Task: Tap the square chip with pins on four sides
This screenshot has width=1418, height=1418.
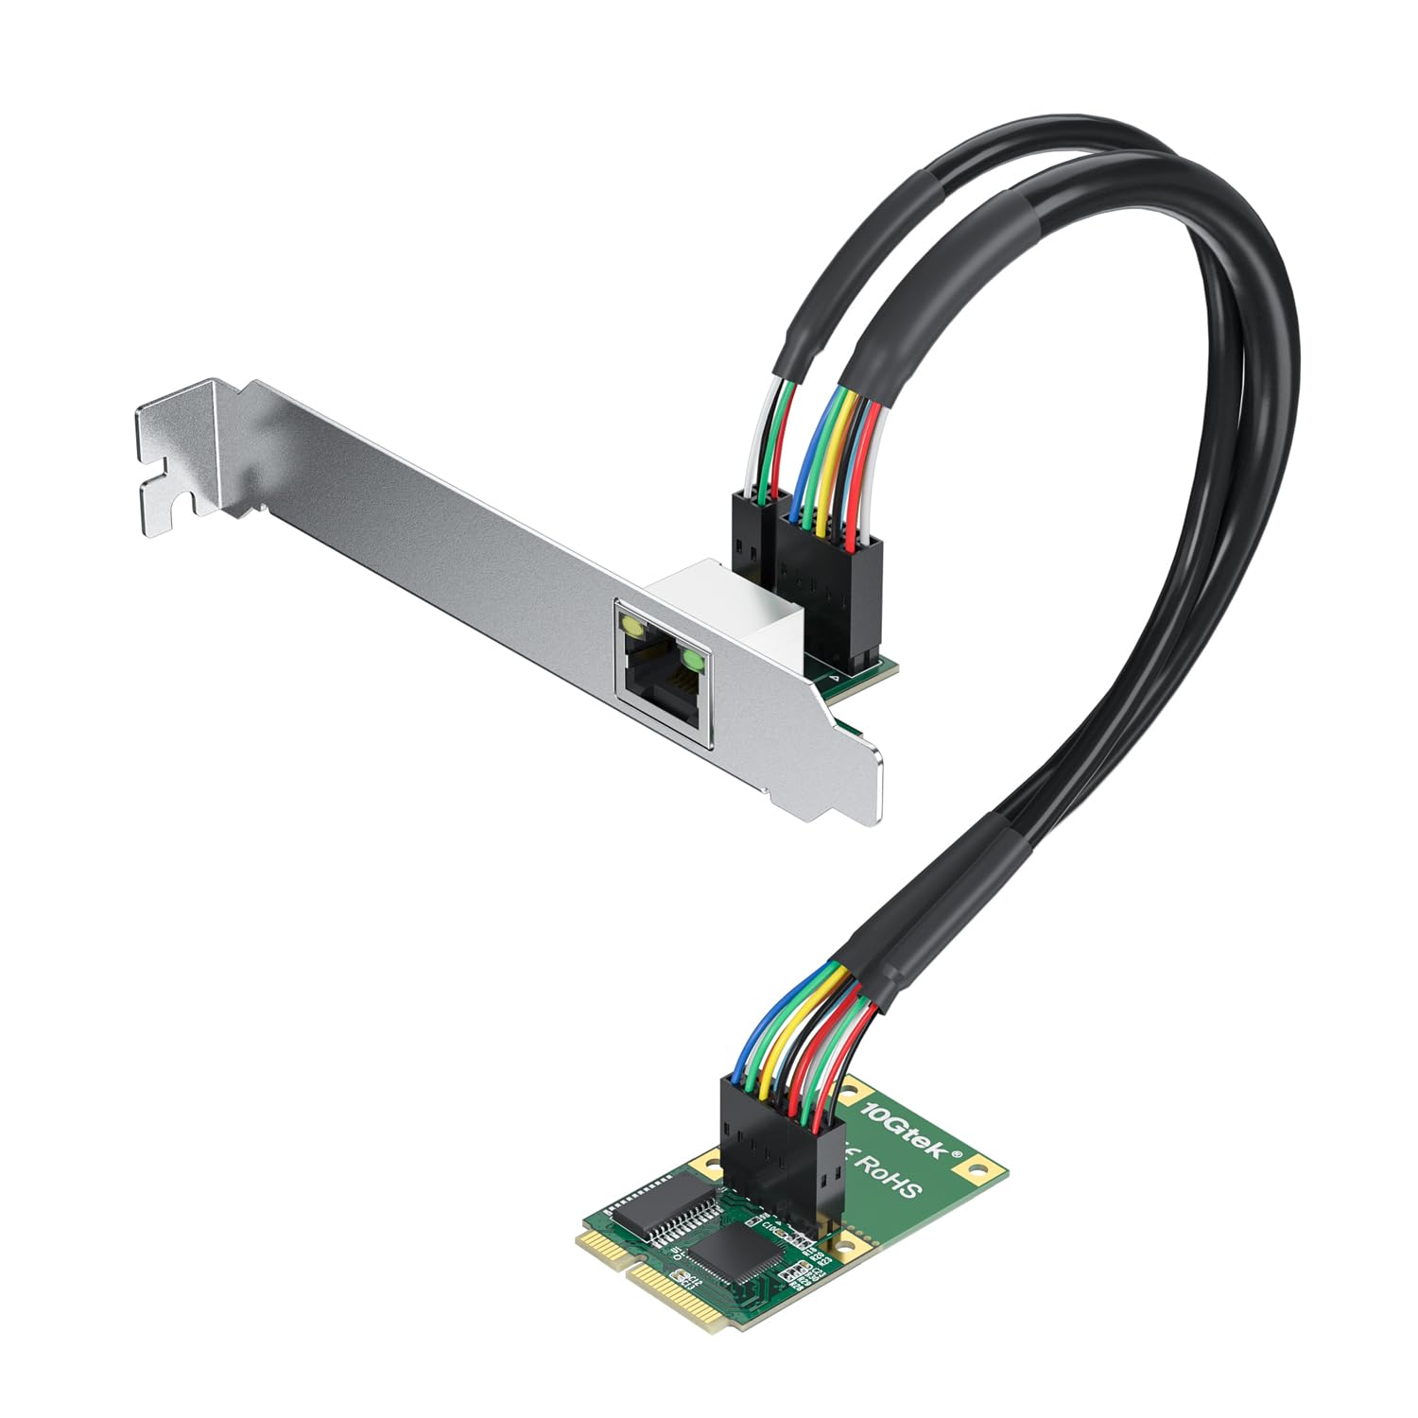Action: click(x=736, y=1248)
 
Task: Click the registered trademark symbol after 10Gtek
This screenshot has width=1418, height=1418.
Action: click(x=957, y=1155)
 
